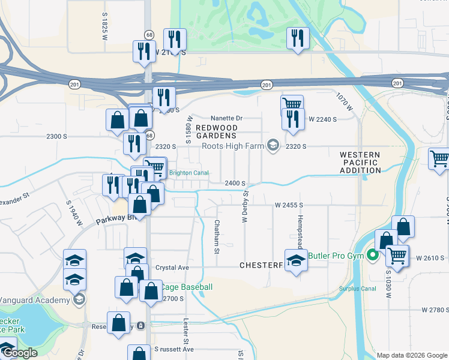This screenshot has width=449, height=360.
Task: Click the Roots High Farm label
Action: click(x=233, y=146)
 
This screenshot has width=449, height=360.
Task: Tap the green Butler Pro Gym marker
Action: click(x=373, y=256)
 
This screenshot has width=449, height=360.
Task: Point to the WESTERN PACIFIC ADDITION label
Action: click(x=360, y=163)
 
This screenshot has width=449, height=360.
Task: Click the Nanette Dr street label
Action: click(x=226, y=119)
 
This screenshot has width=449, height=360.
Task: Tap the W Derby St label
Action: click(x=245, y=207)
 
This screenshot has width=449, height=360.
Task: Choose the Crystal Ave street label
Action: click(x=172, y=268)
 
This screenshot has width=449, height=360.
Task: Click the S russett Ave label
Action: click(x=174, y=349)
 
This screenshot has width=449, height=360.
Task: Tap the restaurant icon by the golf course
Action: click(x=298, y=39)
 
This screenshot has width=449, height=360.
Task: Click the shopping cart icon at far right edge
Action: click(x=439, y=159)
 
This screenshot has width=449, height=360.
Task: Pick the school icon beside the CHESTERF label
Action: click(x=295, y=262)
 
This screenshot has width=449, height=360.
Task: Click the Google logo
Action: click(x=19, y=353)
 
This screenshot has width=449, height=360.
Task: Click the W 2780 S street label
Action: click(x=435, y=310)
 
